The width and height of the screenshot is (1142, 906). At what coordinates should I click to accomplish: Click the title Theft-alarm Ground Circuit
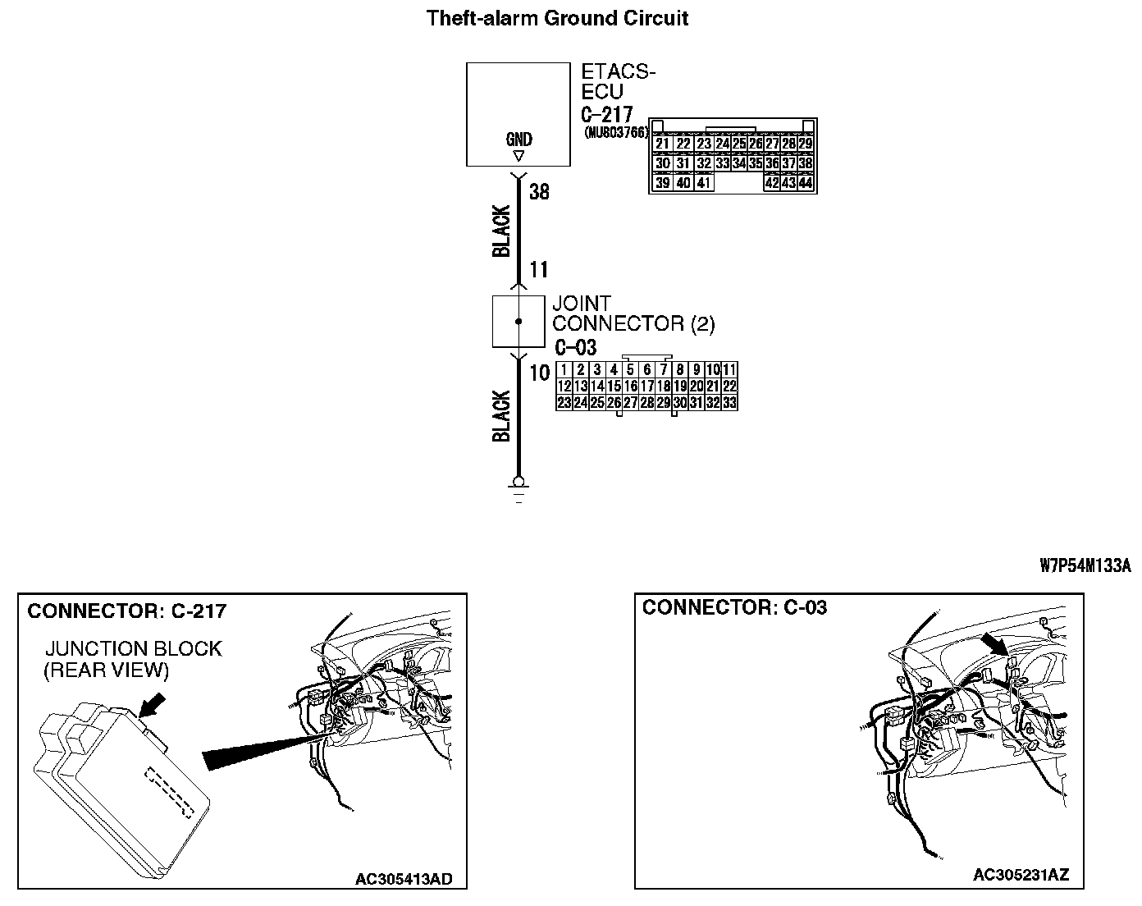click(x=557, y=18)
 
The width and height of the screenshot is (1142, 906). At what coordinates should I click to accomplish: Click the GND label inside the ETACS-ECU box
click(x=518, y=140)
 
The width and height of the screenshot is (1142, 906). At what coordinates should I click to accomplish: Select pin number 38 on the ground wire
click(x=539, y=192)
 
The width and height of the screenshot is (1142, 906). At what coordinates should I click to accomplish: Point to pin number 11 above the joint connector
click(x=538, y=269)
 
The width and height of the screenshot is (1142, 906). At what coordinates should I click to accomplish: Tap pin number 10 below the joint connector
click(x=539, y=373)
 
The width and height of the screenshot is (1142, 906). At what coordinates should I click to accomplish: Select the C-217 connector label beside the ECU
click(x=606, y=114)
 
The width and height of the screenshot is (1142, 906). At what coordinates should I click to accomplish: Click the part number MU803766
click(x=615, y=131)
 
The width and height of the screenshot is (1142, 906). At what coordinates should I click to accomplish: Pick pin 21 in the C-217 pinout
click(x=663, y=144)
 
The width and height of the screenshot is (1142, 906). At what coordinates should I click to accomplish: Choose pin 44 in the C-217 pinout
click(x=805, y=183)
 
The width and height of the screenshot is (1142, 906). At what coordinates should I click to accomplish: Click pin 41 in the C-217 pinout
click(x=702, y=183)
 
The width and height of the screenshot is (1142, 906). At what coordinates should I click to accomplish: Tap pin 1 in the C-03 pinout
click(x=564, y=370)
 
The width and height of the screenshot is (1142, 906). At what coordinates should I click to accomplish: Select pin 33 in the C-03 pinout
click(x=729, y=403)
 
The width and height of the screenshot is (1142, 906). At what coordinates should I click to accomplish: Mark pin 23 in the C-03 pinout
click(x=564, y=403)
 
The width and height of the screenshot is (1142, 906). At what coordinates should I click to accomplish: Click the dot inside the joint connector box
click(x=518, y=322)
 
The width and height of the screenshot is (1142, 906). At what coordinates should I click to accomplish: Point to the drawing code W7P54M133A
click(x=1085, y=565)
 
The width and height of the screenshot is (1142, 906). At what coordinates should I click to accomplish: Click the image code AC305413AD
click(x=403, y=880)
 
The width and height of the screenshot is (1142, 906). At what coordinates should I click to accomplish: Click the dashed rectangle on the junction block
click(x=169, y=792)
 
